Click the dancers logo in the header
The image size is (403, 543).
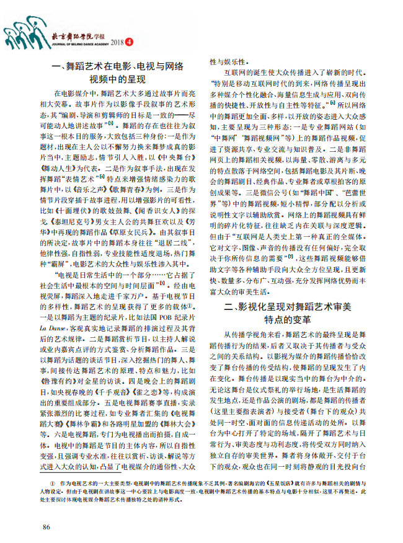tap(25, 31)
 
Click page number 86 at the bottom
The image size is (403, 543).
tap(46, 526)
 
